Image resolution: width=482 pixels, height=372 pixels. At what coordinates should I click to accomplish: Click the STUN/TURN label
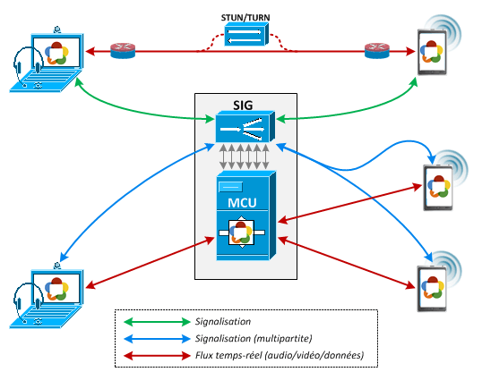[x=245, y=18]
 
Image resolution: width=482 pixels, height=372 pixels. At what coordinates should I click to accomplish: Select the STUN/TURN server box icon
[x=246, y=35]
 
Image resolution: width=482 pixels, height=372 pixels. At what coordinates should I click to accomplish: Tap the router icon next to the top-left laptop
[x=123, y=51]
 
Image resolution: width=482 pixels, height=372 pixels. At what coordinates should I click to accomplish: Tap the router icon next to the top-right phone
[x=377, y=51]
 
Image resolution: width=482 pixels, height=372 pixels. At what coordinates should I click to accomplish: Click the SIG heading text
[x=243, y=106]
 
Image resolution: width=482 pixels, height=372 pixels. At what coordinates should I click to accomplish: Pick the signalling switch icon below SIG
[x=245, y=126]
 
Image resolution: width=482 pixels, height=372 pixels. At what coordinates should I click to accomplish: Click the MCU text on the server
[x=242, y=203]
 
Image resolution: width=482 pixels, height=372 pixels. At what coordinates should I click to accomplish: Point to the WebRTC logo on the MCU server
[x=241, y=232]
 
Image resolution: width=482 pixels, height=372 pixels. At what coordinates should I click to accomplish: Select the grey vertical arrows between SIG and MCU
[x=245, y=156]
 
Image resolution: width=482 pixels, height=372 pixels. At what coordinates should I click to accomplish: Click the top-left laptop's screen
[x=56, y=52]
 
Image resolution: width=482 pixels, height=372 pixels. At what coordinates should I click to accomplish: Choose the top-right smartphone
[x=432, y=52]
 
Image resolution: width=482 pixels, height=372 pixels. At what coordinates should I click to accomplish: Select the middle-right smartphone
[x=438, y=187]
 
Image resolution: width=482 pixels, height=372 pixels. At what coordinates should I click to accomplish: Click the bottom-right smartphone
[x=432, y=289]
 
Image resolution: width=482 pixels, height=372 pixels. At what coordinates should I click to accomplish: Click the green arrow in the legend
[x=157, y=322]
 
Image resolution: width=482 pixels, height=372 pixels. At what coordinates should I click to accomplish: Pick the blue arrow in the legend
[x=157, y=339]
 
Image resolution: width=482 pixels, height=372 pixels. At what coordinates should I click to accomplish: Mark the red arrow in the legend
[x=157, y=356]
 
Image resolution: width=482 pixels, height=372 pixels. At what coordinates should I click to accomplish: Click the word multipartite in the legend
[x=283, y=339]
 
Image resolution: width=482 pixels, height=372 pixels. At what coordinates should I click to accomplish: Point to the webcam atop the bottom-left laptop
[x=56, y=266]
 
